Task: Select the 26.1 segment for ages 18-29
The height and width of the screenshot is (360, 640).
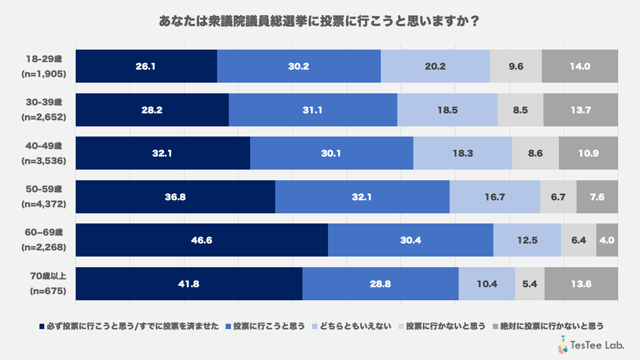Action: [x=146, y=67]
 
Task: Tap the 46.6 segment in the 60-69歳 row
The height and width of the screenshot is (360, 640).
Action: [x=202, y=240]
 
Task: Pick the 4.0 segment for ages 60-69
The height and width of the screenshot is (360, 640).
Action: [x=607, y=240]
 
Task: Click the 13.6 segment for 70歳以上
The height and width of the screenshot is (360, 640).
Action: [x=581, y=284]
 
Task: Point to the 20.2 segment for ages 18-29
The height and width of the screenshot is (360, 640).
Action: [x=435, y=67]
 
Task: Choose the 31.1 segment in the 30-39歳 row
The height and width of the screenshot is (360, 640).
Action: [x=313, y=110]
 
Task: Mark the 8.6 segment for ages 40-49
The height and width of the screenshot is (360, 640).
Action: [x=535, y=153]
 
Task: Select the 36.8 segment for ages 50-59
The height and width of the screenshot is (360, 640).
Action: [x=175, y=197]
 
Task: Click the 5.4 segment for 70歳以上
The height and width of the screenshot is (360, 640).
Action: [x=530, y=284]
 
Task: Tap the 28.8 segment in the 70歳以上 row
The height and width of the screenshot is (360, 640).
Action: [x=380, y=284]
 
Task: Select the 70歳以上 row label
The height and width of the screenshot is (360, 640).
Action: [x=47, y=276]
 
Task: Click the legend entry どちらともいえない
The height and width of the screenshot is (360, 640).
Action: [x=355, y=326]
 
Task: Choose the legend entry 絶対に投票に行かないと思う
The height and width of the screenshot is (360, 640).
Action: [x=551, y=326]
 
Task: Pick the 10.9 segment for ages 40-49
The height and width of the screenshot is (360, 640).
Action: [x=588, y=153]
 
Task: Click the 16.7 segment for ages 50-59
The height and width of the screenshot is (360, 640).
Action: [x=494, y=197]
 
